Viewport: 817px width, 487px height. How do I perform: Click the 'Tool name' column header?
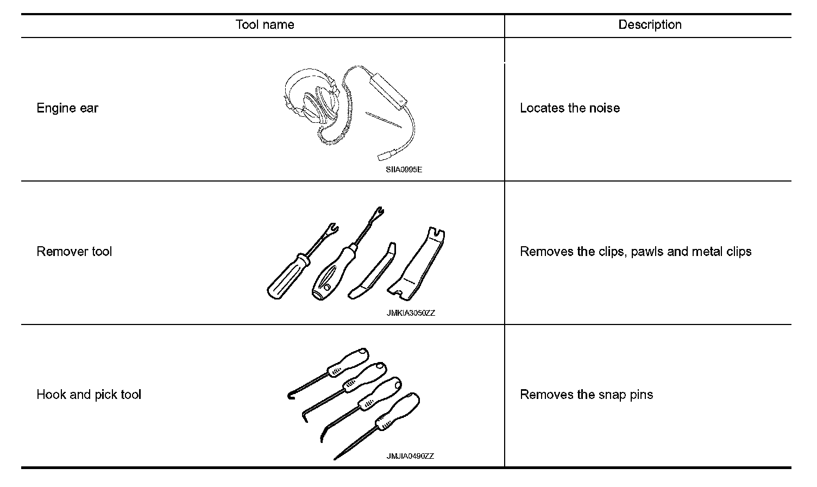265,25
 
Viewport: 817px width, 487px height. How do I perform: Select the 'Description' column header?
650,25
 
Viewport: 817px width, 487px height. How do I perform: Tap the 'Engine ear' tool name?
67,108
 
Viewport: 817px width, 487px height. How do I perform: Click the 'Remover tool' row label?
74,252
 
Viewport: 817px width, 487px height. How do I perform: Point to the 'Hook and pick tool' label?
89,395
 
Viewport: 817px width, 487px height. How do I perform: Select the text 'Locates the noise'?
570,108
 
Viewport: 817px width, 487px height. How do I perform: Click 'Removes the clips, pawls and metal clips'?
636,252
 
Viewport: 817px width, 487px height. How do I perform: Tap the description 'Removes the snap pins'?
587,395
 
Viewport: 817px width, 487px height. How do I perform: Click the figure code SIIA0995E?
404,170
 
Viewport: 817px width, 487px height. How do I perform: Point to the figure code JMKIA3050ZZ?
411,313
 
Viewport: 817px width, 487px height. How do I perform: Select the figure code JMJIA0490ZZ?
410,456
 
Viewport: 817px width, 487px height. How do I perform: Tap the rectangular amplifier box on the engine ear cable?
388,91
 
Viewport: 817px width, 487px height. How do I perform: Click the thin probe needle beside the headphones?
384,120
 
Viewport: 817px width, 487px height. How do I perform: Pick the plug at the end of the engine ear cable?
384,156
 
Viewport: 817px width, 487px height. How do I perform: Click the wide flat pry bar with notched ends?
416,264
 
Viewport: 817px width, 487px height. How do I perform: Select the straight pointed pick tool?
376,427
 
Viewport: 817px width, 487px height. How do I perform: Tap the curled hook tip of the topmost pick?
291,396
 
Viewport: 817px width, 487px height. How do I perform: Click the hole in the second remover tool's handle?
327,288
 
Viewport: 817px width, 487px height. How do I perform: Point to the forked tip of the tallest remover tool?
379,212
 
